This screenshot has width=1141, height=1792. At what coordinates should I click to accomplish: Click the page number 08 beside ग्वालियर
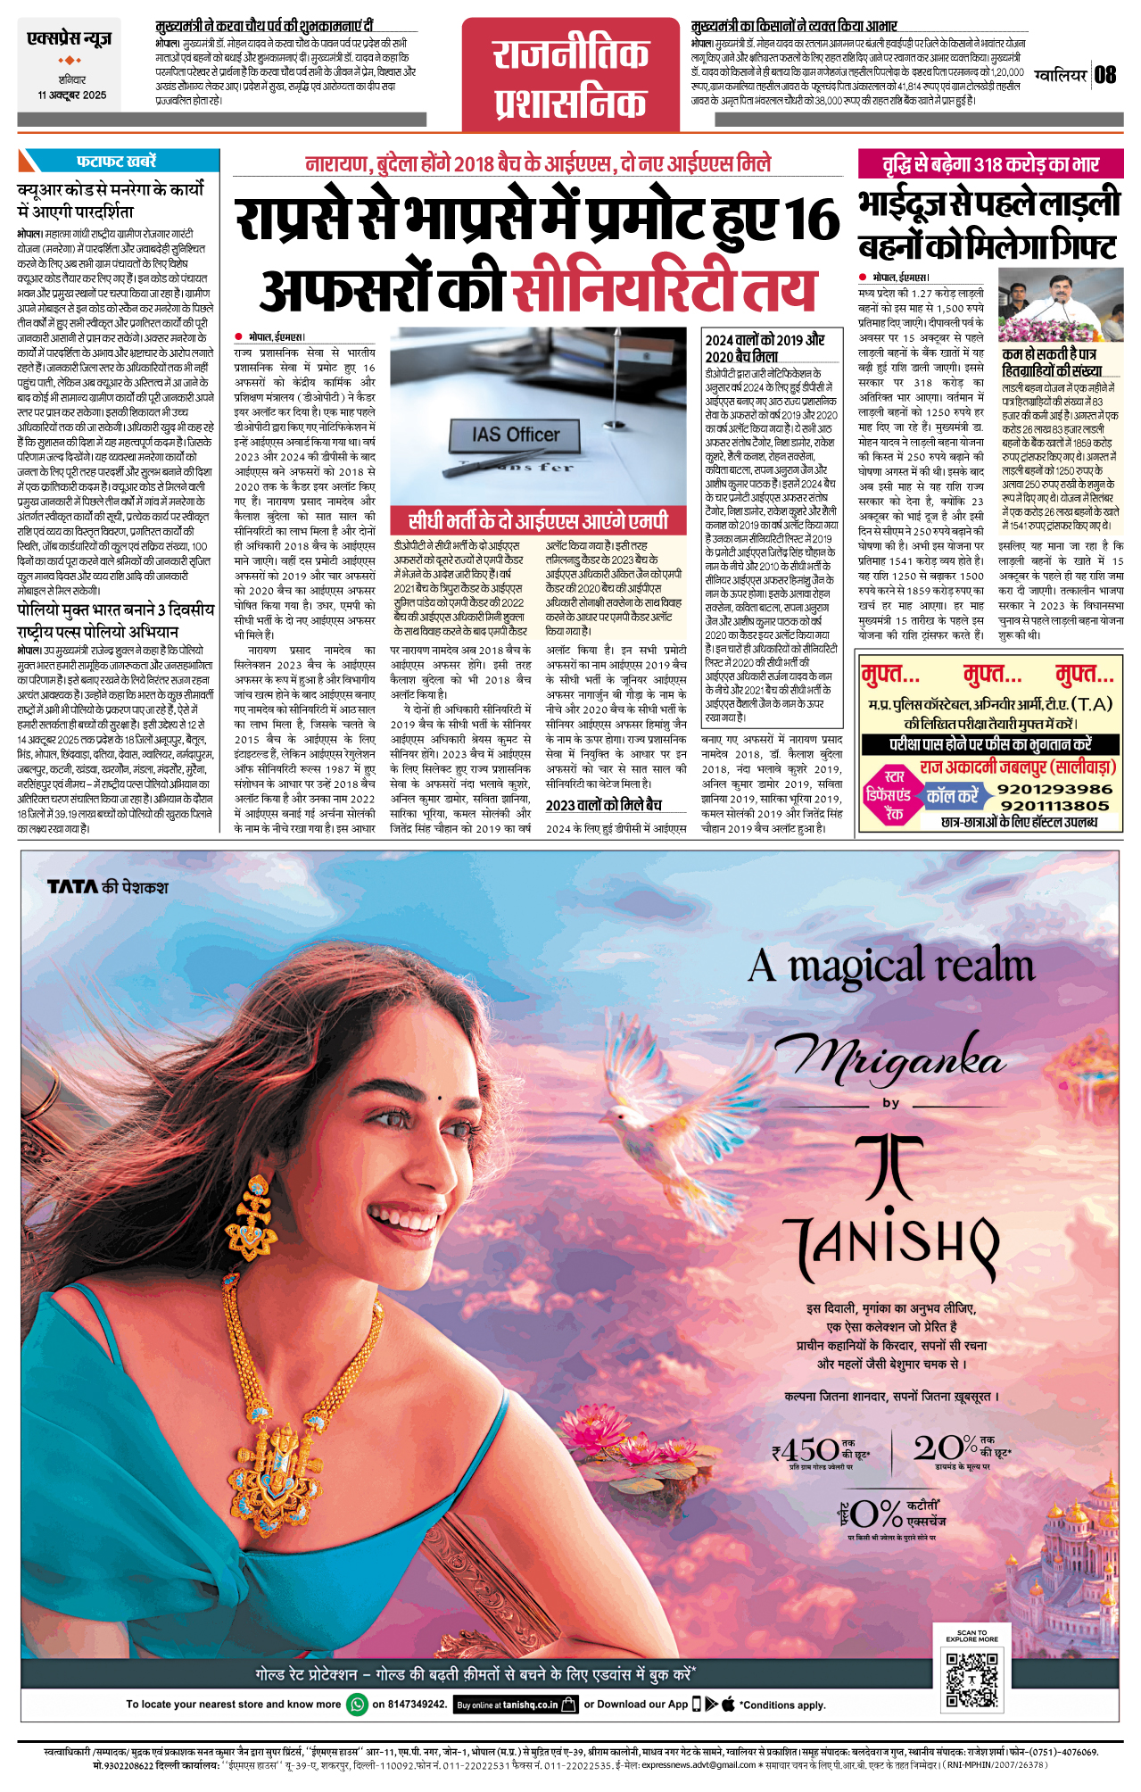click(x=1105, y=75)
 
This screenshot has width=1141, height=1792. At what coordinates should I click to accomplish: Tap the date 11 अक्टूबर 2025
click(x=71, y=95)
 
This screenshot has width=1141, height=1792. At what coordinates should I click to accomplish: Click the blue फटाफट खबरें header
click(x=117, y=161)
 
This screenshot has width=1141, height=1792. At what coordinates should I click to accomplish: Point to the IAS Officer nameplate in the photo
click(x=516, y=435)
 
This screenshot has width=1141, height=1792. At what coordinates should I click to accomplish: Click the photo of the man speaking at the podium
click(x=1060, y=306)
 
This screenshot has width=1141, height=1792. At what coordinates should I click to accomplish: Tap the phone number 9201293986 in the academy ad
click(x=1054, y=789)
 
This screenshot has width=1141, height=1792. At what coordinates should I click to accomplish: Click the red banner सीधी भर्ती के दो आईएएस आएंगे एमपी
click(x=538, y=521)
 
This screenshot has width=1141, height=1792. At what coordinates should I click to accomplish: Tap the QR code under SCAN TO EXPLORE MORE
click(x=972, y=1681)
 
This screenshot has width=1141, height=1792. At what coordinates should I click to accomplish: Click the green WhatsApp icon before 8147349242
click(x=357, y=1704)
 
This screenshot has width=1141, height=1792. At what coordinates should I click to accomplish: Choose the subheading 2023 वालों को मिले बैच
click(x=604, y=805)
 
